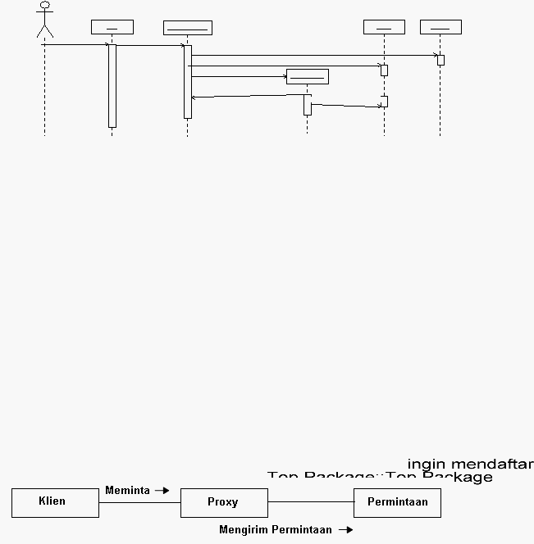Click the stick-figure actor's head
(x=45, y=5)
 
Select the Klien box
(x=55, y=502)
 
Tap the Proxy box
(x=224, y=502)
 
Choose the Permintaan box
(x=397, y=502)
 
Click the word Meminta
(x=127, y=491)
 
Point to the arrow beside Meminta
(x=162, y=491)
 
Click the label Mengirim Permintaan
(x=276, y=530)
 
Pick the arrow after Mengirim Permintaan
(x=345, y=530)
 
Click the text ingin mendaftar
(x=470, y=465)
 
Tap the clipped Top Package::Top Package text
(x=380, y=476)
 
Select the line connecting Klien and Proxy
(x=139, y=503)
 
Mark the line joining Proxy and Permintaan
(x=310, y=502)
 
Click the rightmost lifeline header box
(x=440, y=27)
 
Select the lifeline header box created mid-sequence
(x=307, y=76)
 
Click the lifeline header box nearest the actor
(x=112, y=27)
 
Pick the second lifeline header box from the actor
(x=187, y=28)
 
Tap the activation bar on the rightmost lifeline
(x=440, y=60)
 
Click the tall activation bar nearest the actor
(x=112, y=86)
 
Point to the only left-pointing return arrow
(x=246, y=97)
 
